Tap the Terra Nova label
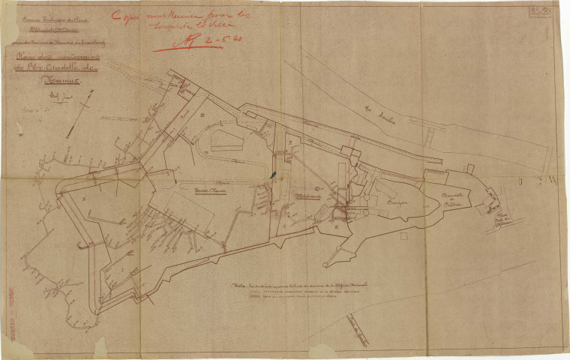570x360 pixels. click(200, 190)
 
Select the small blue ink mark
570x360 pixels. click(273, 175)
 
